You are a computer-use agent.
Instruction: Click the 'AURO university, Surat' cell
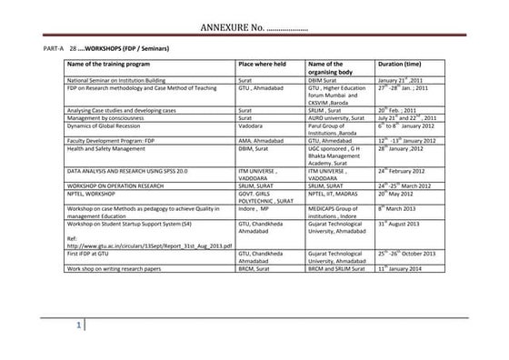coord(341,118)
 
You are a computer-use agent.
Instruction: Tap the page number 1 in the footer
coord(81,326)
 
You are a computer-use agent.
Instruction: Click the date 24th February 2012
coord(410,170)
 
